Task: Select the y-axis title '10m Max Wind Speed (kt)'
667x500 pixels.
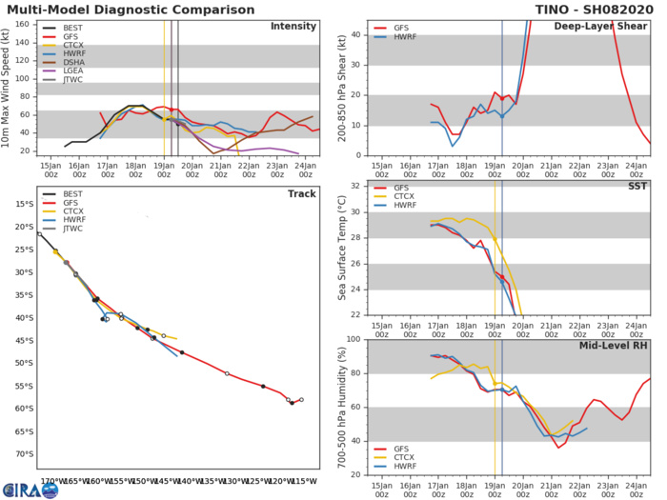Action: click(x=8, y=88)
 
